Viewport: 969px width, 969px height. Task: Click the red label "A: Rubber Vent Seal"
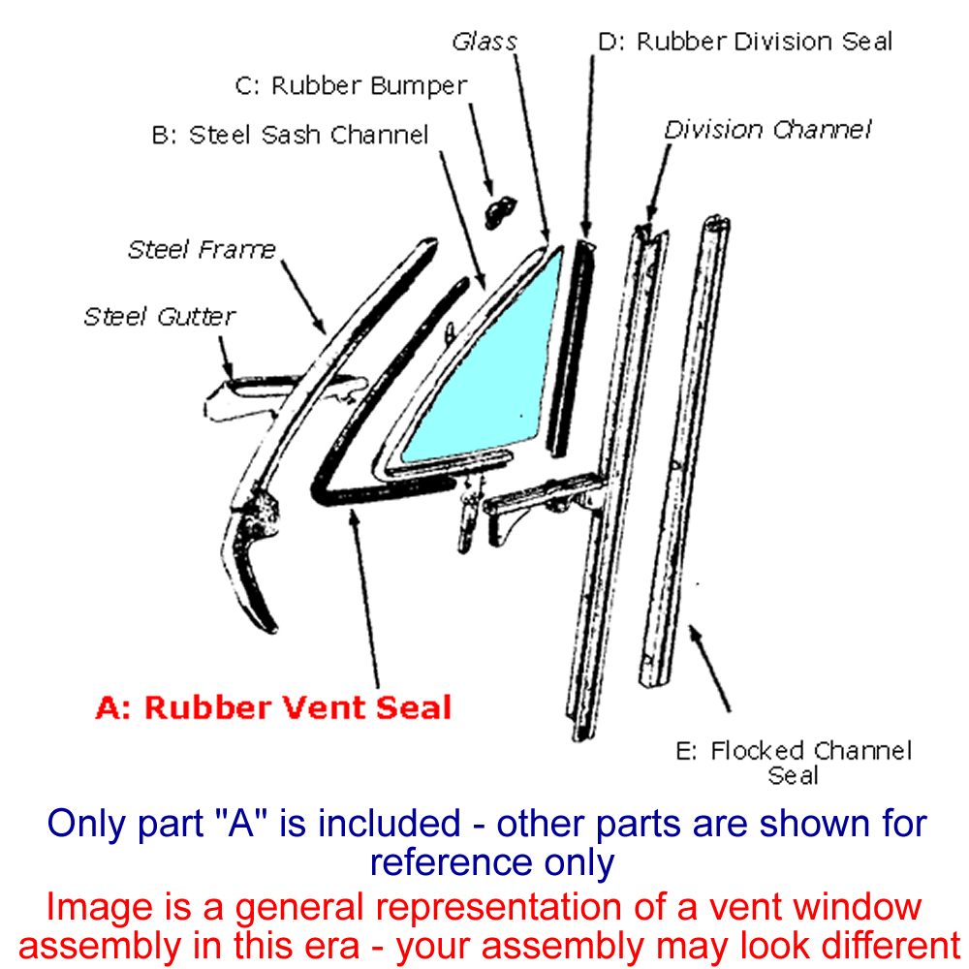click(274, 706)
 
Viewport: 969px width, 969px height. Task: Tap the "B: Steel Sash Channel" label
click(290, 135)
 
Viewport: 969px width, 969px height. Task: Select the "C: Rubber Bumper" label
click(351, 85)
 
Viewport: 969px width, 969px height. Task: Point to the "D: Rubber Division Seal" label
click(744, 42)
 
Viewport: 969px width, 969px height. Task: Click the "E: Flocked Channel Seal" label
click(794, 763)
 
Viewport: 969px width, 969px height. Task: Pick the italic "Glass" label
click(484, 42)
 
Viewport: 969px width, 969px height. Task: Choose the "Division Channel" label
click(767, 129)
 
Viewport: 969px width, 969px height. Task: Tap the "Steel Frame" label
click(202, 249)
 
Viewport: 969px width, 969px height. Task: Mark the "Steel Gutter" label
click(160, 316)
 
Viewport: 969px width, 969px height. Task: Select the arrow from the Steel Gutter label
click(226, 355)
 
